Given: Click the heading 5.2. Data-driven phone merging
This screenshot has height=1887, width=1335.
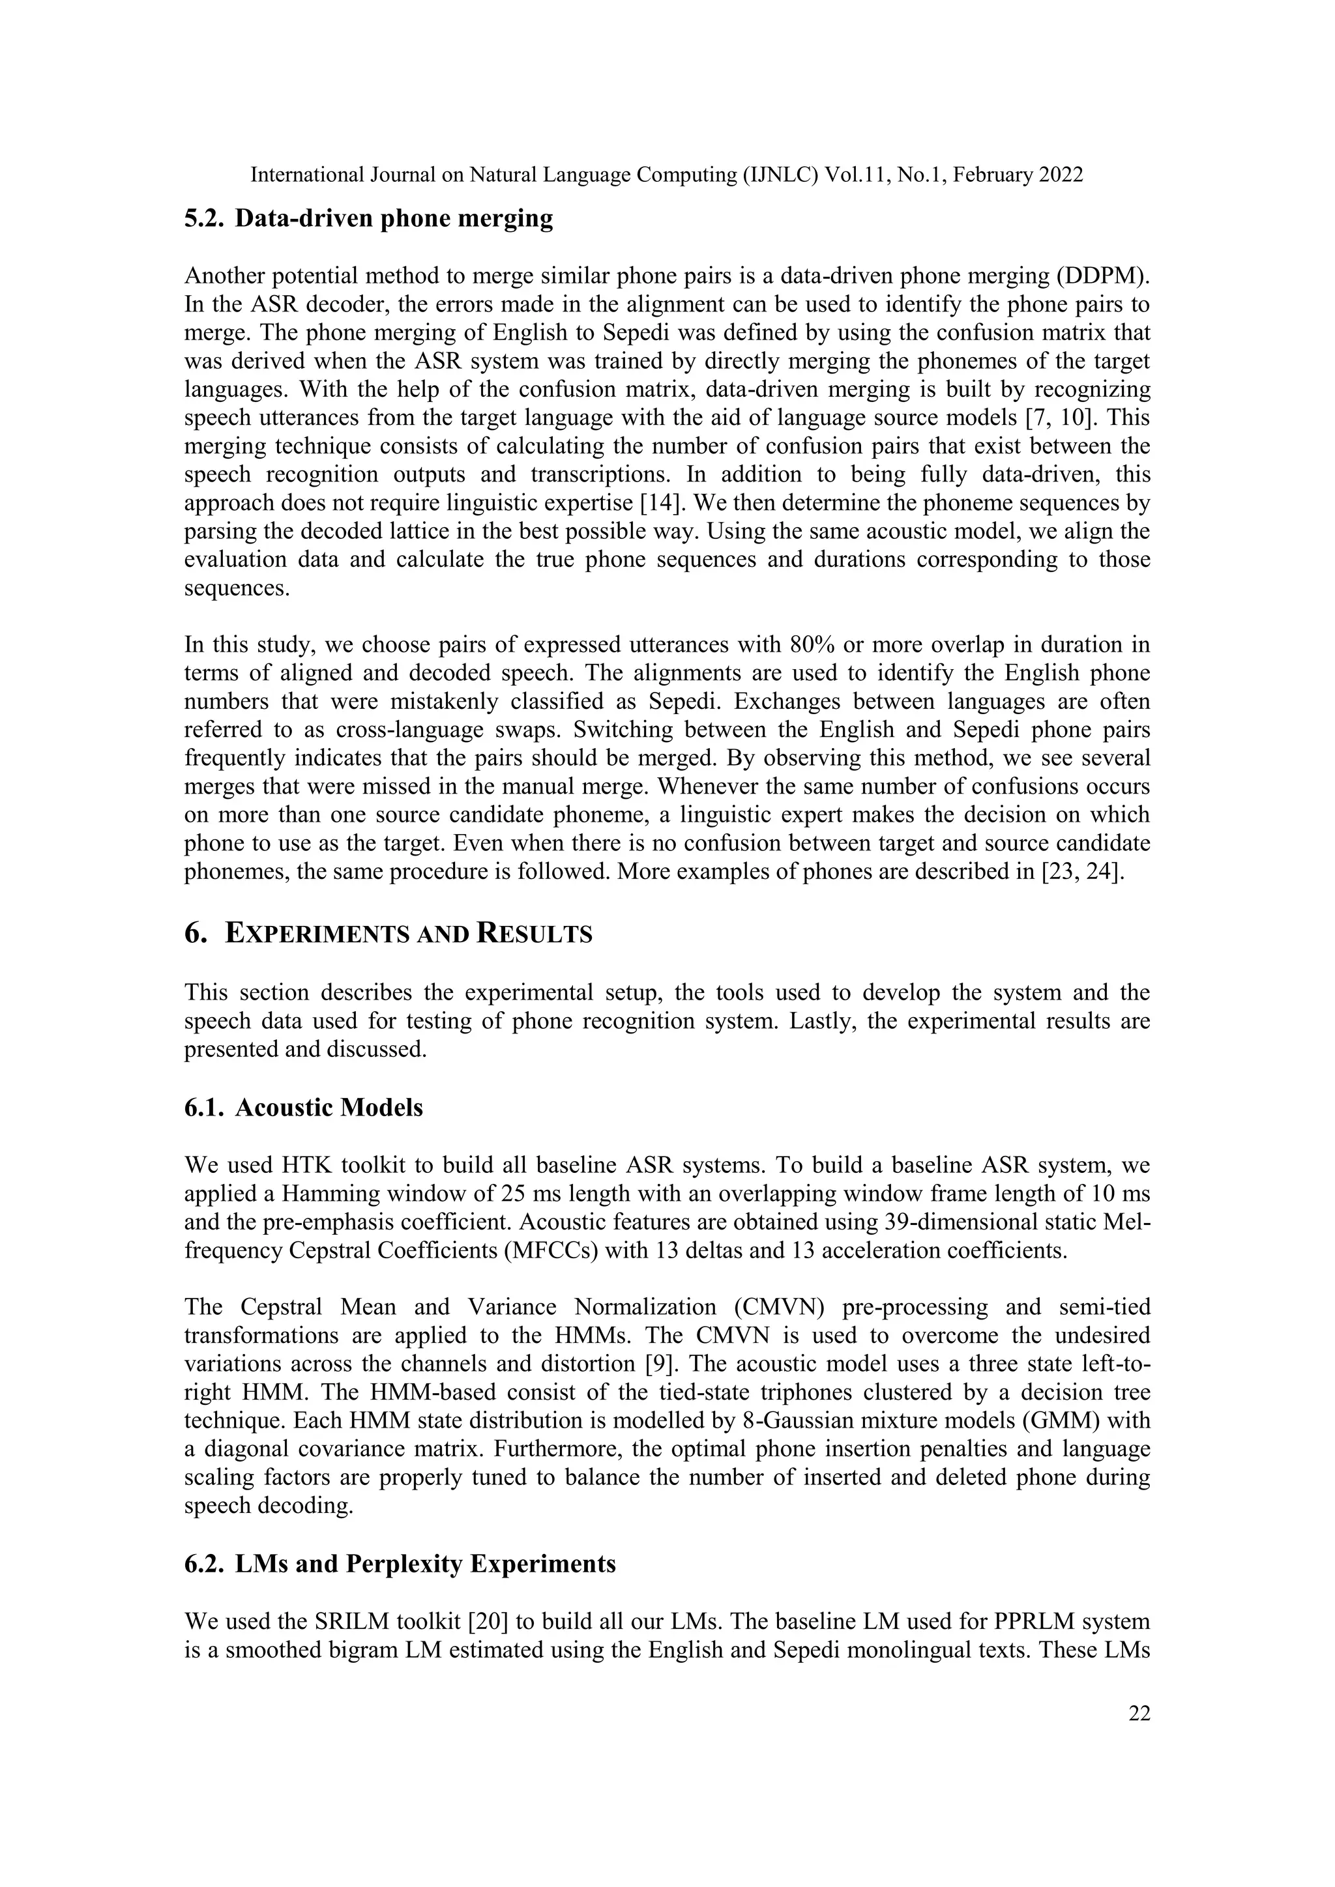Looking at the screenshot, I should point(368,219).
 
